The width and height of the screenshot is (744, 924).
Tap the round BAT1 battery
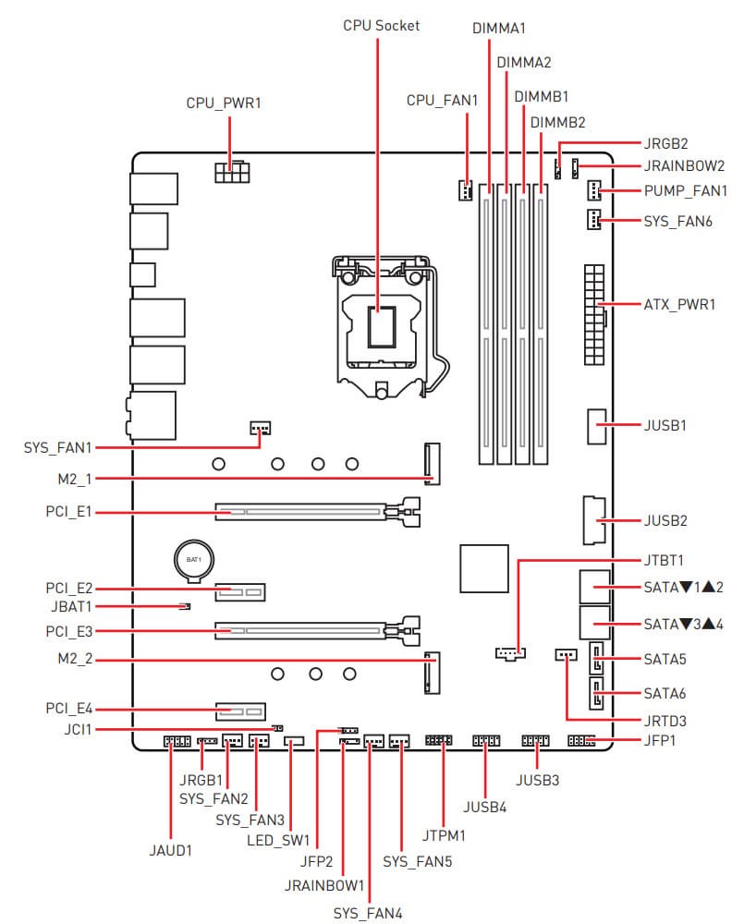[195, 561]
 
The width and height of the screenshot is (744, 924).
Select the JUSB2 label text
[664, 521]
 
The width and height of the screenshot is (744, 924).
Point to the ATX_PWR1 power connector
[592, 304]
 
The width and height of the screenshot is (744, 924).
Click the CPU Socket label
[381, 26]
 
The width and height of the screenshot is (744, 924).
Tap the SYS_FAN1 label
[58, 447]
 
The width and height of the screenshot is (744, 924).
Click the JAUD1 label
[170, 850]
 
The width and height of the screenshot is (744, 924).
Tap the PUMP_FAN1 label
[685, 191]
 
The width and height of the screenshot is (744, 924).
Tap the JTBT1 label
[663, 560]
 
